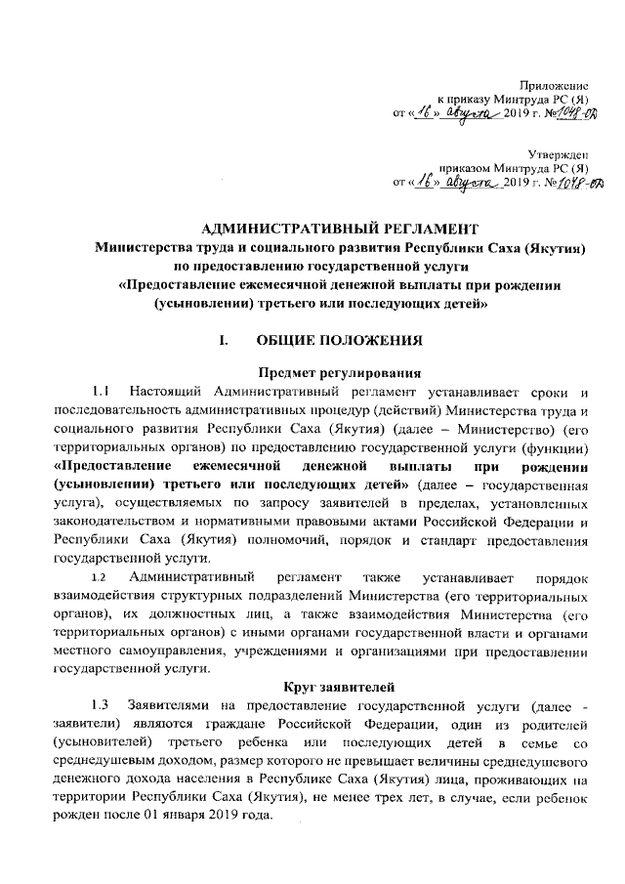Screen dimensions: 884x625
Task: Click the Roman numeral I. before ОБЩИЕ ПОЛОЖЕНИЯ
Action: pos(225,341)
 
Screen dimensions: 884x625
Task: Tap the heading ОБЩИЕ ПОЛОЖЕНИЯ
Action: pos(338,341)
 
